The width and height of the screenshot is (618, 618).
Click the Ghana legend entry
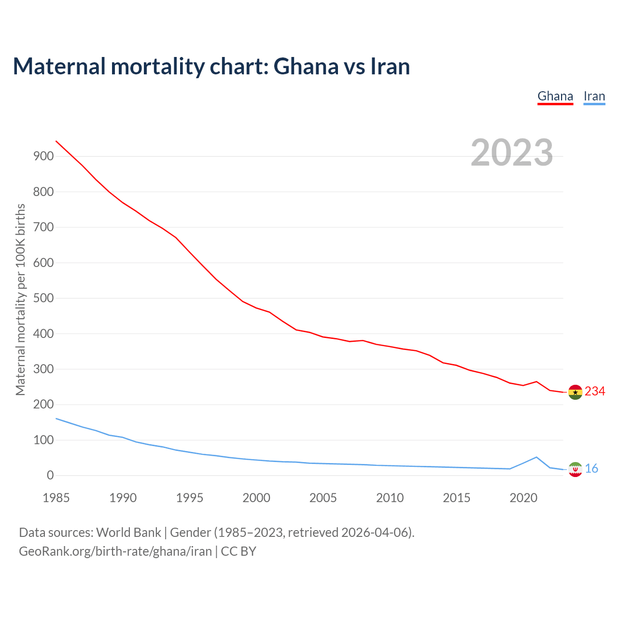555,97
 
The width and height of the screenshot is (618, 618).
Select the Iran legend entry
594,97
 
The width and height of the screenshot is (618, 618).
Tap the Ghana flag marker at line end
575,392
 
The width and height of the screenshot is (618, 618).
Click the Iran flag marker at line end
575,469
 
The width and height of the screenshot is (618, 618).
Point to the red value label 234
595,392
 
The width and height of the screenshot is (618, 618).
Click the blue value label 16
591,469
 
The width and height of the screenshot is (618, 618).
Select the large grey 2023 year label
512,153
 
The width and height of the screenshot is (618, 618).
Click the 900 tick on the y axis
43,156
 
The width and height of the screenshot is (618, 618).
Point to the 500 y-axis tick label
43,298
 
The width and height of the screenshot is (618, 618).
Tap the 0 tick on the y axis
50,476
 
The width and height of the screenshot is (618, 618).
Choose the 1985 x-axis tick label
56,498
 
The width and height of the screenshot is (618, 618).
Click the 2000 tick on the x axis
256,498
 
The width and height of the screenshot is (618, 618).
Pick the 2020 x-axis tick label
523,498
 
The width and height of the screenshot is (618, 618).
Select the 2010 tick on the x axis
390,498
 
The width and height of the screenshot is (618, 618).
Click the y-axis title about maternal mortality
20,299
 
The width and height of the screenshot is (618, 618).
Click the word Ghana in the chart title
306,67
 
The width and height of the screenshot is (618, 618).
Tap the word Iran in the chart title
390,67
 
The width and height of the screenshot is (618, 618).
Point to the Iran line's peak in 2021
536,457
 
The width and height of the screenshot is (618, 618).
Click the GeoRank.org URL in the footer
115,551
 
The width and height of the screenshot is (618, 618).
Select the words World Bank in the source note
128,533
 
